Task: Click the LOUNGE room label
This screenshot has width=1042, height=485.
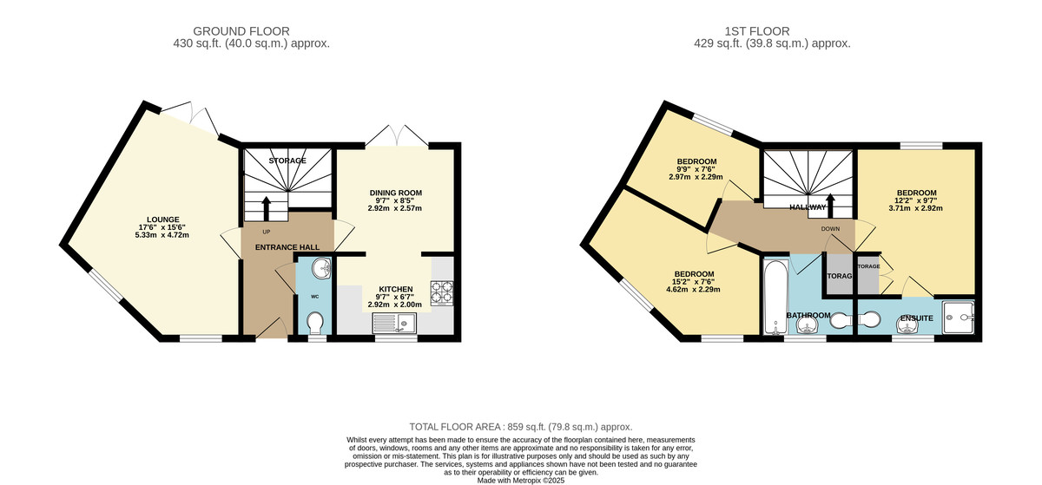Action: tap(163, 220)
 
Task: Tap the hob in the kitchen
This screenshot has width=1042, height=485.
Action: tap(442, 292)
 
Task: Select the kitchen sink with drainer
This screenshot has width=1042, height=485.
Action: tap(394, 323)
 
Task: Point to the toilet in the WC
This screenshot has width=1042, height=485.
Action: tap(315, 322)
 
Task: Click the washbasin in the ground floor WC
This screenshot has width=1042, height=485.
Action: tap(321, 269)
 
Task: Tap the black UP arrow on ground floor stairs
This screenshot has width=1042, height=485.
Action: tap(267, 208)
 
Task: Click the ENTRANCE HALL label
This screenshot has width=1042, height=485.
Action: tap(287, 247)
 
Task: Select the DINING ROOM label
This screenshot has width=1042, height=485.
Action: tap(396, 193)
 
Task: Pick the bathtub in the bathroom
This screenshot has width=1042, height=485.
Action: tap(775, 297)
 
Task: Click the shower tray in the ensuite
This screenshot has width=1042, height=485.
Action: tap(959, 318)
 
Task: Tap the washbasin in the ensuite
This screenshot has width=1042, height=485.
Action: tap(907, 325)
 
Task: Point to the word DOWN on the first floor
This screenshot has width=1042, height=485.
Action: tap(830, 229)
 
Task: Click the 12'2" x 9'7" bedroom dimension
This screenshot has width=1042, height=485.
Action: tap(916, 200)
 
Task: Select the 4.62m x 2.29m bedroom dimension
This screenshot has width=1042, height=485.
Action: tap(693, 289)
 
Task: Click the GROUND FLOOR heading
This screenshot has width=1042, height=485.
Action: tap(241, 31)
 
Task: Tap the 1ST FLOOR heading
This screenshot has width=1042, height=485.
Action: tap(757, 31)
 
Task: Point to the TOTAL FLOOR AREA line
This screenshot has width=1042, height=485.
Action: tap(521, 427)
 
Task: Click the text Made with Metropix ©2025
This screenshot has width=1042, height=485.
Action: tap(521, 481)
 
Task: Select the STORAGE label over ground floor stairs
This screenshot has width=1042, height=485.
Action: tap(287, 161)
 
